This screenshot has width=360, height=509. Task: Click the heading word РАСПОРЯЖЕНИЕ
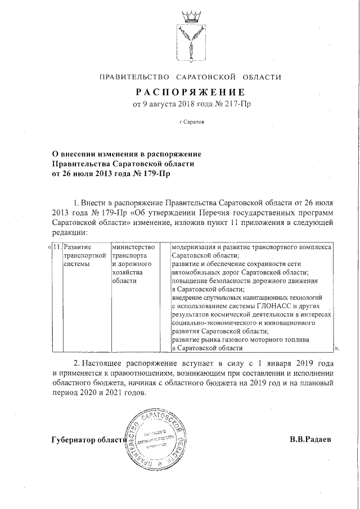pos(190,92)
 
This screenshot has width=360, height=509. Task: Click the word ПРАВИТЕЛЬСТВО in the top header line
pos(134,76)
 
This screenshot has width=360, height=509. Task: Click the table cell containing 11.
pos(57,246)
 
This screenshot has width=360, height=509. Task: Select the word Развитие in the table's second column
pos(78,246)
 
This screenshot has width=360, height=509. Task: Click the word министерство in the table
pos(133,246)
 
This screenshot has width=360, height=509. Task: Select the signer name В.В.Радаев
pos(310,440)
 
